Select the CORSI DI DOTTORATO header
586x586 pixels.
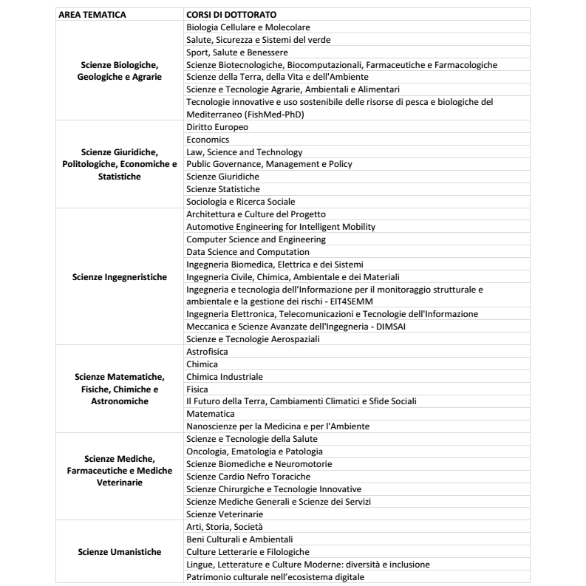pyautogui.click(x=226, y=15)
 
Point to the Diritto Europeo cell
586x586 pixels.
pyautogui.click(x=217, y=127)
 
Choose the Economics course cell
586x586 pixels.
pyautogui.click(x=208, y=140)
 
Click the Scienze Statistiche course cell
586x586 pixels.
pyautogui.click(x=223, y=189)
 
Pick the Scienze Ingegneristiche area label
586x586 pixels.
pyautogui.click(x=120, y=277)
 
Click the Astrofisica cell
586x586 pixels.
pyautogui.click(x=208, y=352)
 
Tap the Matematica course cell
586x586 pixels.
pyautogui.click(x=211, y=414)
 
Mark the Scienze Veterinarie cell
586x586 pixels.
pyautogui.click(x=225, y=514)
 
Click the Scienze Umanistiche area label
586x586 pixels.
pyautogui.click(x=120, y=552)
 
